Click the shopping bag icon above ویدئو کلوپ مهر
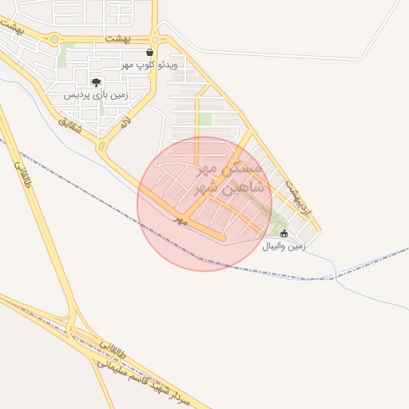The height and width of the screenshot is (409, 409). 150,52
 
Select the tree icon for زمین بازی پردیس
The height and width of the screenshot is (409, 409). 97,82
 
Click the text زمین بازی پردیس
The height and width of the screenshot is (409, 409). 96,95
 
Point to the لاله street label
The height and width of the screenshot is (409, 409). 126,121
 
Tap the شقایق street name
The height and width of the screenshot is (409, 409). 69,121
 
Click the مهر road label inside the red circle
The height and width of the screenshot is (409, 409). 180,219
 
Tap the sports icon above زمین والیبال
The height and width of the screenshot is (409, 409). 282,234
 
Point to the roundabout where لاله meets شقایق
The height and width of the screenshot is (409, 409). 102,147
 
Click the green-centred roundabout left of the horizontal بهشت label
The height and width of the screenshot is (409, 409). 54,38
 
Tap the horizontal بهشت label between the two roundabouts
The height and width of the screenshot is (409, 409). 117,38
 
